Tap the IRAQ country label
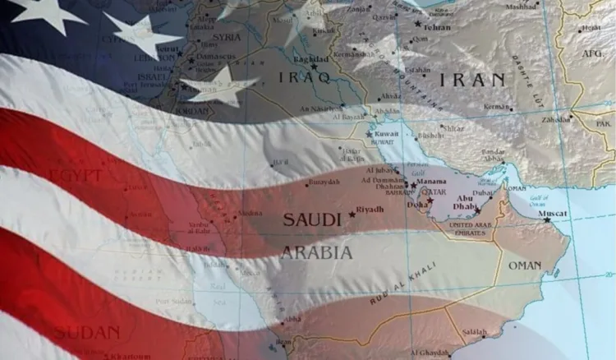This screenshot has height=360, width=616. coord(304,78)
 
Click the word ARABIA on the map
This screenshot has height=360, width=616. coord(317,252)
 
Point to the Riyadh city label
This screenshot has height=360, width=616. coord(371,210)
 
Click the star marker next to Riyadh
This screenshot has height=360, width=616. coord(353,214)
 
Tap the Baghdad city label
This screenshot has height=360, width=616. coord(312,60)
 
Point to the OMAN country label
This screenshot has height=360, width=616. coord(525,265)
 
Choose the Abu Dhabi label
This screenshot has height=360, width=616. coord(465,201)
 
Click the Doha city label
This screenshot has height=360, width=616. coord(416,205)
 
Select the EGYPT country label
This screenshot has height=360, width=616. coord(76,176)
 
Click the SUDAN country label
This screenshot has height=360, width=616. coord(86,332)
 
